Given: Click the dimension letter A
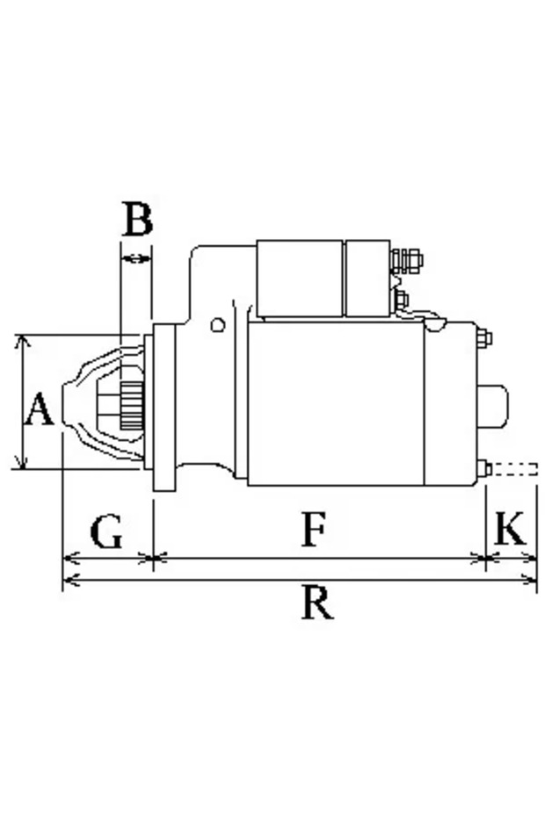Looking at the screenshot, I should point(38,410).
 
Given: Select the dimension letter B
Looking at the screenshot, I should point(136,220).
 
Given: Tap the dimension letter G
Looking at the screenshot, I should point(106,532).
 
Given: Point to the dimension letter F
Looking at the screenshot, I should point(314,530).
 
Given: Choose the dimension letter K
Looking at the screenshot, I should point(511,530).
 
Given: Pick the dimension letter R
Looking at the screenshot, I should point(316,604).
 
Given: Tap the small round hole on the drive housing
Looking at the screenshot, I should point(218,325).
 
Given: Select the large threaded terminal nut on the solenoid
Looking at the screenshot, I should point(406,260).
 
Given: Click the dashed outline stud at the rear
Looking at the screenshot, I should point(513,469).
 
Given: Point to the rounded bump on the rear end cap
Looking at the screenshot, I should point(495,406).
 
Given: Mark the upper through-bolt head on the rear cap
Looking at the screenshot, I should point(483,338).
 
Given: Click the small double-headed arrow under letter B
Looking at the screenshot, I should point(135,258).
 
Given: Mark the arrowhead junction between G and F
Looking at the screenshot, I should point(153,557).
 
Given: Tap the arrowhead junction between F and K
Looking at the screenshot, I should point(486,557).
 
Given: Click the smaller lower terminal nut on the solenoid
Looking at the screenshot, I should point(402,300).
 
